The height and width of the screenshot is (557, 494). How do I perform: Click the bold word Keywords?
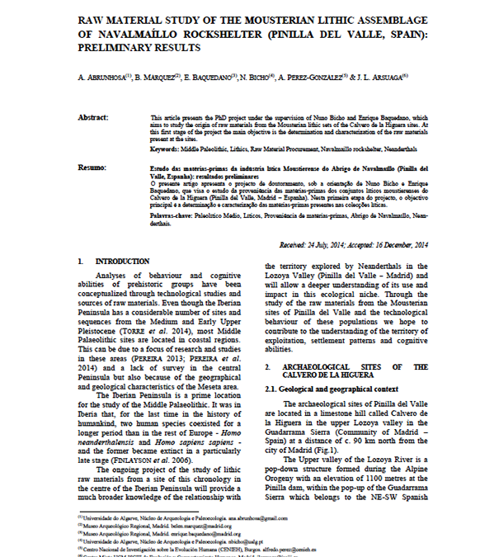[167, 148]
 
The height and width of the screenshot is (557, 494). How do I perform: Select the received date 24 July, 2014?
[328, 246]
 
